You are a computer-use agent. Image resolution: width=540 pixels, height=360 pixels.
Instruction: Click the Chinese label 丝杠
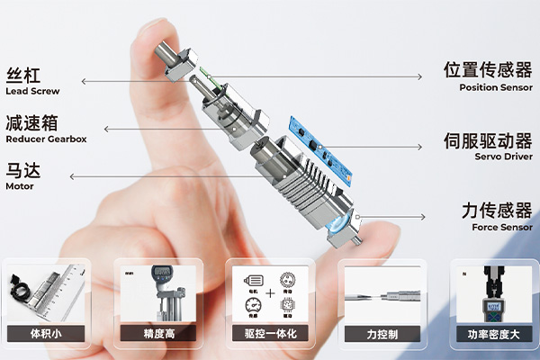[23, 75]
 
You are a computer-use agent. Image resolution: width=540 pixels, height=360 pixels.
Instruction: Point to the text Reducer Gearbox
[46, 139]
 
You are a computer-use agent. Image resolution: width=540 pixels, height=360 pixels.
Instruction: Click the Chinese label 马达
[23, 170]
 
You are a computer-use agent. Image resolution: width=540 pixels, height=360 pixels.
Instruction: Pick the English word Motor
[20, 186]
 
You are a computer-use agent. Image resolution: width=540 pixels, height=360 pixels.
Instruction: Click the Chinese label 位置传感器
[488, 70]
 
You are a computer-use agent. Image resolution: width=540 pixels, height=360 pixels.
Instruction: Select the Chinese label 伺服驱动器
[488, 141]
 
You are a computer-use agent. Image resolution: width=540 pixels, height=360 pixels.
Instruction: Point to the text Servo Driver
[504, 157]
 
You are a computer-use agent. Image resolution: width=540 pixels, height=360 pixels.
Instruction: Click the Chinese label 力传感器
[497, 211]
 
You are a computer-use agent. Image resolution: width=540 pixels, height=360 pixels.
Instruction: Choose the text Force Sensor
[502, 228]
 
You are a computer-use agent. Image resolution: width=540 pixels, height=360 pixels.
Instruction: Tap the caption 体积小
[46, 335]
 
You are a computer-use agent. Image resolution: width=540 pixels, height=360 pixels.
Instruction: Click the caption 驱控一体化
[269, 335]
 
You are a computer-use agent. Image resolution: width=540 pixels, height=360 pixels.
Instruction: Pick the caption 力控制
[381, 335]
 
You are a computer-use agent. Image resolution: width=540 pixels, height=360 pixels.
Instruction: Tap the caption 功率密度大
[493, 335]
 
